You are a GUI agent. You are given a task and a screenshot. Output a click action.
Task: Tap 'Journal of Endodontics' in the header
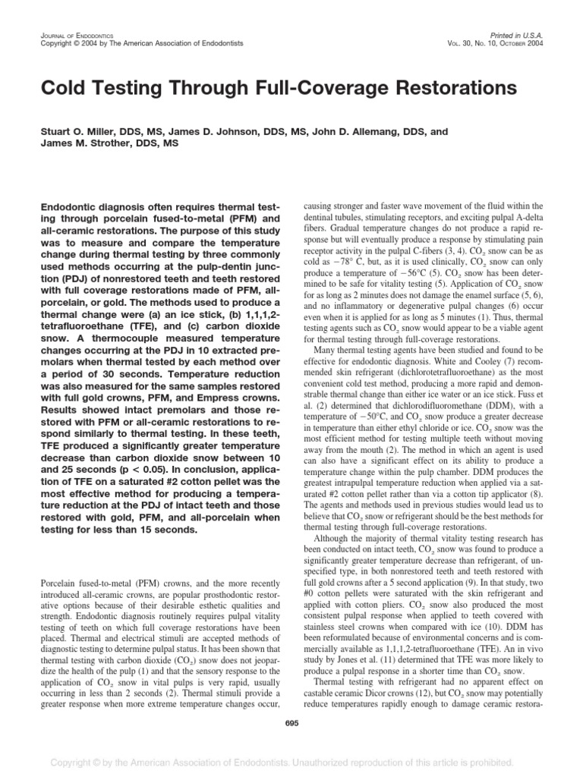tap(67, 35)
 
